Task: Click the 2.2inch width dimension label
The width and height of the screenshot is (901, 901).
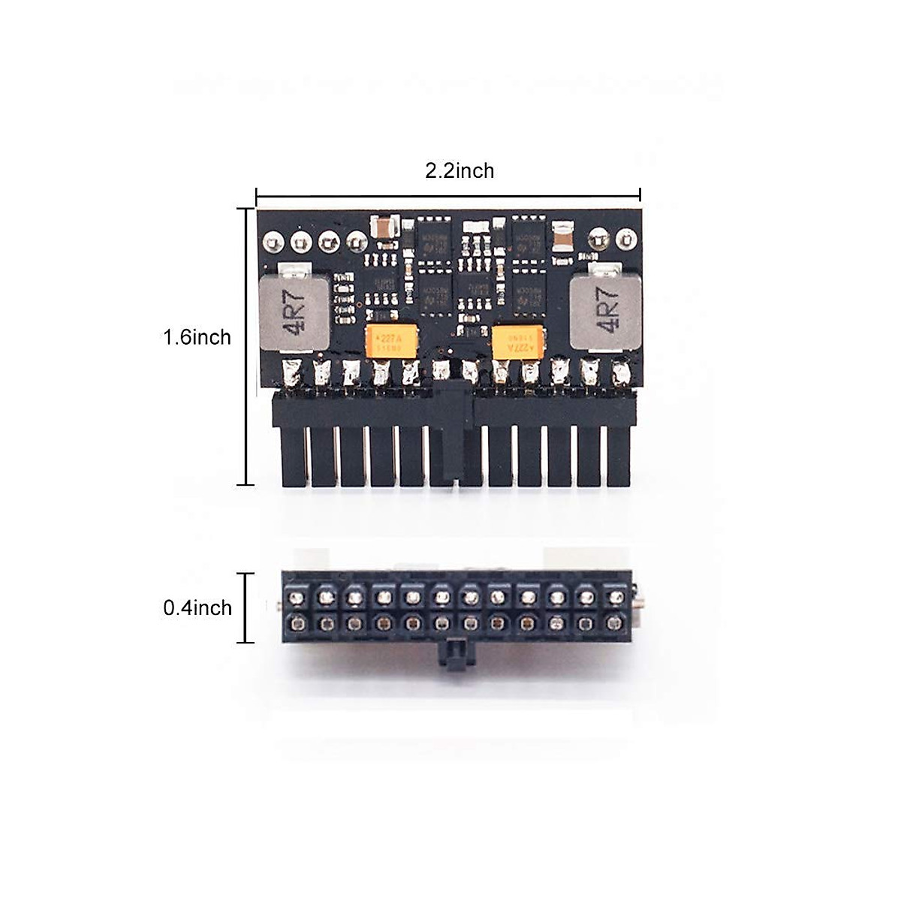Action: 460,171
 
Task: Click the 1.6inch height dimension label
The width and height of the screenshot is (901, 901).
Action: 197,337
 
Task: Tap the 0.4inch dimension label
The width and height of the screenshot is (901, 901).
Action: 197,607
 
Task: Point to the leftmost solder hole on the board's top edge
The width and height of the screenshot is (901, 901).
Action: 273,242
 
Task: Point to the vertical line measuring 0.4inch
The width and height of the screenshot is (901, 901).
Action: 245,608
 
